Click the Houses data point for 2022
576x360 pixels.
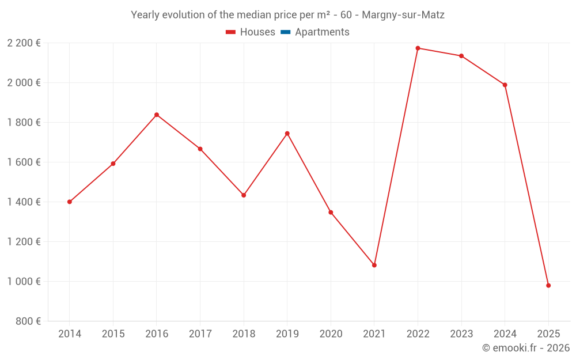pos(418,48)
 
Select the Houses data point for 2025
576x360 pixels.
pos(548,286)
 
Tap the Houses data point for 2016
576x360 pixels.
pos(157,115)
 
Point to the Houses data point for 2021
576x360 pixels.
pos(374,265)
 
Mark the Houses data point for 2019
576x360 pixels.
pos(287,134)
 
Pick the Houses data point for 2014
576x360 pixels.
pos(70,202)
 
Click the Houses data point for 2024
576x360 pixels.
pos(505,85)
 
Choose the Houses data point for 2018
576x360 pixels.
pos(244,195)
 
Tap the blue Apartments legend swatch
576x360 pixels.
pos(285,32)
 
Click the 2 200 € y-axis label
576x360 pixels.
pos(24,43)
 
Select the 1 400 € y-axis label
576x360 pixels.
pos(24,202)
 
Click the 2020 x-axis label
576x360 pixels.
pos(331,334)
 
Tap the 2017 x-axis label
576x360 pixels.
pos(200,334)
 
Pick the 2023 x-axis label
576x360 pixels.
pos(461,334)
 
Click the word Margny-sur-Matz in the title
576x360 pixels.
pos(403,15)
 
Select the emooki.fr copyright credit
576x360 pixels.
pos(526,348)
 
